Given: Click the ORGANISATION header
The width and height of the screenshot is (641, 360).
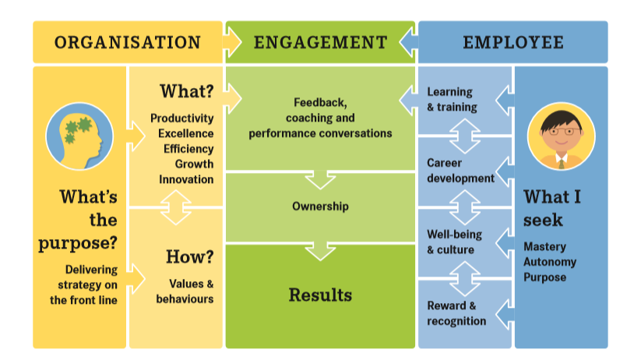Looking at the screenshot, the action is tap(128, 43).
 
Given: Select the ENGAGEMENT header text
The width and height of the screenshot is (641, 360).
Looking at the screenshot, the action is tap(321, 43).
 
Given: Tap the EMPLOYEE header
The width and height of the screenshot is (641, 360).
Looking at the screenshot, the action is tap(513, 43).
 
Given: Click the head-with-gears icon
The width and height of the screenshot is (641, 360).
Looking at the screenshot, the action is tap(79, 136).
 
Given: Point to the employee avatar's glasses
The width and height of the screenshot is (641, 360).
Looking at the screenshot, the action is tap(562, 132).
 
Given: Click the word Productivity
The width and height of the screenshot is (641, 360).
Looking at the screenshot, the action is tap(182, 118).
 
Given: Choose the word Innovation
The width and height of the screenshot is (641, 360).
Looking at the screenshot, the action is tap(186, 179).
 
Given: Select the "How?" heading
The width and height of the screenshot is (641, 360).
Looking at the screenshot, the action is tap(190, 257).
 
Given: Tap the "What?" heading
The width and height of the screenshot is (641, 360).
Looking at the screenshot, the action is tap(187, 91).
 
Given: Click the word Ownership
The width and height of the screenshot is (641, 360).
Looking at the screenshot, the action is tap(321, 206).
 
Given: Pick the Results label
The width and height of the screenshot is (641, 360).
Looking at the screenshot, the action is tap(321, 295).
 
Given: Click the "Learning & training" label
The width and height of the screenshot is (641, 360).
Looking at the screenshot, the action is tap(453, 100).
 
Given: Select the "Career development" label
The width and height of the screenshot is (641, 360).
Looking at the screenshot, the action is tap(461, 171).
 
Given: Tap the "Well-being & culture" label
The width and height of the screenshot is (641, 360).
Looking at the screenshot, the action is tap(455, 242).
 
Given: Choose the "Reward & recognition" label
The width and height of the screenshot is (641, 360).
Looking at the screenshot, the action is tap(456, 313).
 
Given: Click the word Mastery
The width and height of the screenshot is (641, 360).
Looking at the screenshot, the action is tap(545, 247).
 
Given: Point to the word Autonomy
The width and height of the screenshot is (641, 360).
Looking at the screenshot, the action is tap(550, 262).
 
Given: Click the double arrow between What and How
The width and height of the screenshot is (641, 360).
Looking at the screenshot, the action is tap(176, 207).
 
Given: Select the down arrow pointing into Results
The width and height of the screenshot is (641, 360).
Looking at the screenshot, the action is tap(321, 251).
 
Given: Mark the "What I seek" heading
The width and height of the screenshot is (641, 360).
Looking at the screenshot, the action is tap(552, 208).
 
